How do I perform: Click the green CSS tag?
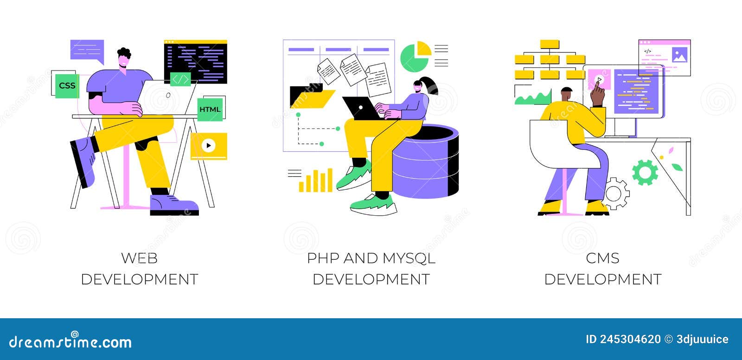tap(67, 85)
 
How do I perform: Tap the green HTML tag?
tap(210, 109)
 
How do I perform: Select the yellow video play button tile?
tap(209, 146)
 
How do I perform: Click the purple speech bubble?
tap(87, 51)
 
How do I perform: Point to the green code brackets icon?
tap(180, 80)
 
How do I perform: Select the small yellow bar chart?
tap(316, 181)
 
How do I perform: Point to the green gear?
tap(645, 172)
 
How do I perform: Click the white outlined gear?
tap(616, 193)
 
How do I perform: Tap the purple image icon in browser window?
tap(679, 56)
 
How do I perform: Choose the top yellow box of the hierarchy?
tap(550, 44)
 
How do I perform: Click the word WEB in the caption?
tap(139, 258)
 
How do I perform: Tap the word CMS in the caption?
tap(602, 258)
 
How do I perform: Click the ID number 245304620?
tap(630, 339)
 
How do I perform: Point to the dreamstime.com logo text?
tap(70, 342)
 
